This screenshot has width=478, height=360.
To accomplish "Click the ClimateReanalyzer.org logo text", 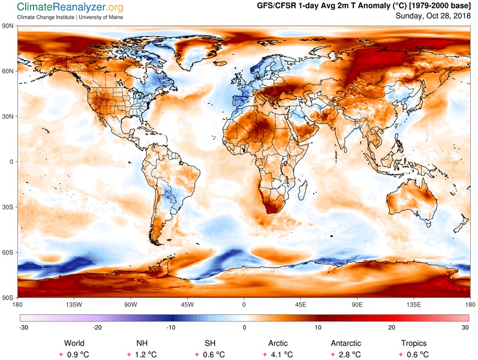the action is tap(70, 7).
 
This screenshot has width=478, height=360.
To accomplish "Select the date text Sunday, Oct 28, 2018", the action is tap(433, 16).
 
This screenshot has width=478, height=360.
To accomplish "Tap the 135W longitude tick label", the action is tap(74, 304).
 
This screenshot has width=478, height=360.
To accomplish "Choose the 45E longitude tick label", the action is tap(300, 304).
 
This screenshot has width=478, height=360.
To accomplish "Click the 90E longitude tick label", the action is tap(357, 304).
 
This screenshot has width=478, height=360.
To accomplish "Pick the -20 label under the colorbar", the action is tap(97, 328).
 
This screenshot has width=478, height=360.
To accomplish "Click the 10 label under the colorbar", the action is tap(318, 328).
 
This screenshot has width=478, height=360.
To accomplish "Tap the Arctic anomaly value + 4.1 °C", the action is tap(278, 355).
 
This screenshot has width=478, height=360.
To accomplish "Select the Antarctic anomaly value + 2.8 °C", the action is tap(345, 355).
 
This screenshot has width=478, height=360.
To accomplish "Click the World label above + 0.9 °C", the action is tap(74, 343).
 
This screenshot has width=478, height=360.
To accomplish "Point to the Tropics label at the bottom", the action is tap(414, 344).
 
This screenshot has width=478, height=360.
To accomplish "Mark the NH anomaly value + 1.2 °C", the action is tap(142, 355).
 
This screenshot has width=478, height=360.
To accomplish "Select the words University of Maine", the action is tap(101, 17).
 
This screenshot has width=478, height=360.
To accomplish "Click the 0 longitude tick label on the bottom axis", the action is tap(243, 304).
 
